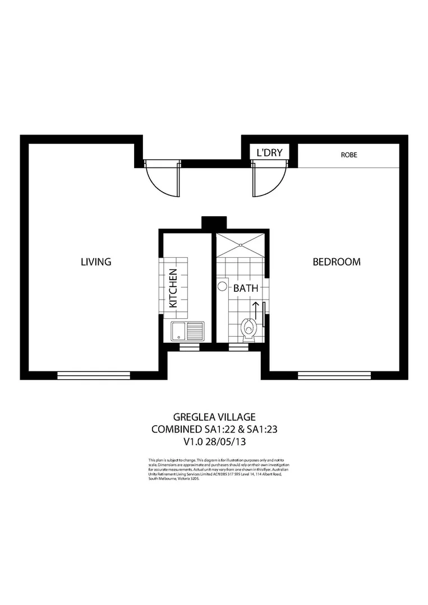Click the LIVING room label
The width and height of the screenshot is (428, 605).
coord(96,262)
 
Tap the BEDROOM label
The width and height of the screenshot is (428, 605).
coord(336,262)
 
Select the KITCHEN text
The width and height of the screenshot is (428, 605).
coord(173,288)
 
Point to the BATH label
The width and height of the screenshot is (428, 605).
coord(246,289)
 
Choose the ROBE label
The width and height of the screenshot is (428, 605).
coord(348,155)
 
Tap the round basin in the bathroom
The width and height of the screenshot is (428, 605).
coord(222,287)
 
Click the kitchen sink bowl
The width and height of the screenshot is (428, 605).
coord(178,331)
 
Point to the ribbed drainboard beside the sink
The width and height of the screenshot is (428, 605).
coord(196,331)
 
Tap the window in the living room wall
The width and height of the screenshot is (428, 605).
coord(94,375)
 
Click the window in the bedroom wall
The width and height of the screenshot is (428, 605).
coord(334,375)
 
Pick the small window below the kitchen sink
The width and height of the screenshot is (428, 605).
coord(188,347)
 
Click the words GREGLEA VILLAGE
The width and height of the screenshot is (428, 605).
coord(214,417)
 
